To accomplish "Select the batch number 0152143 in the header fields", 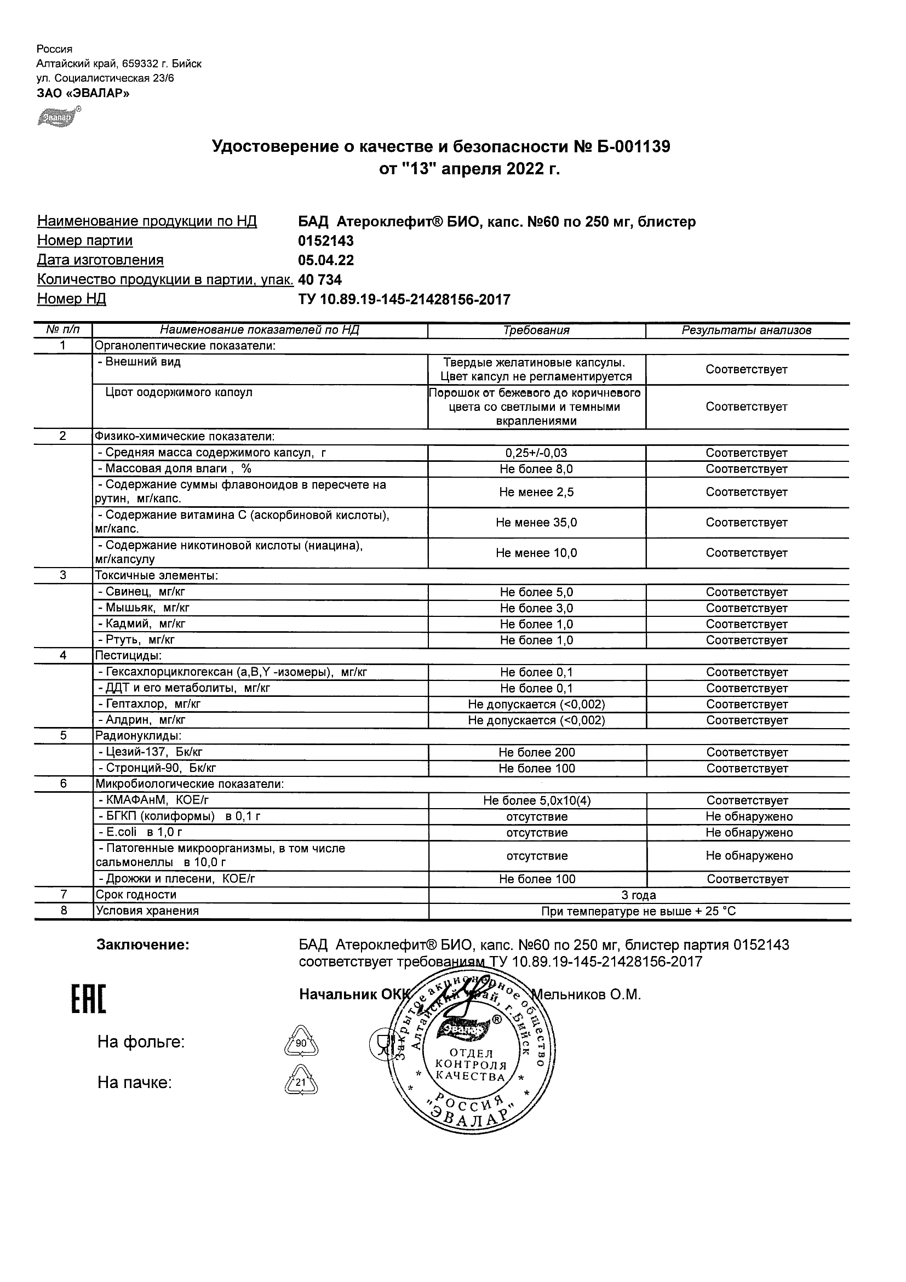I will pyautogui.click(x=326, y=241).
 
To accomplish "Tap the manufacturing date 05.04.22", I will pyautogui.click(x=326, y=260).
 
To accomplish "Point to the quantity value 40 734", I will pyautogui.click(x=320, y=280).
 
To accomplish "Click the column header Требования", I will pyautogui.click(x=536, y=330).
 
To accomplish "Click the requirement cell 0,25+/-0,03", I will pyautogui.click(x=536, y=454).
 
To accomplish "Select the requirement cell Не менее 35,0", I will pyautogui.click(x=536, y=523).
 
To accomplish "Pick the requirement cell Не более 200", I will pyautogui.click(x=536, y=753).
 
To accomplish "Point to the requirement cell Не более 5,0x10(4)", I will pyautogui.click(x=536, y=800).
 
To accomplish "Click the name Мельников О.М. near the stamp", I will pyautogui.click(x=586, y=994).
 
